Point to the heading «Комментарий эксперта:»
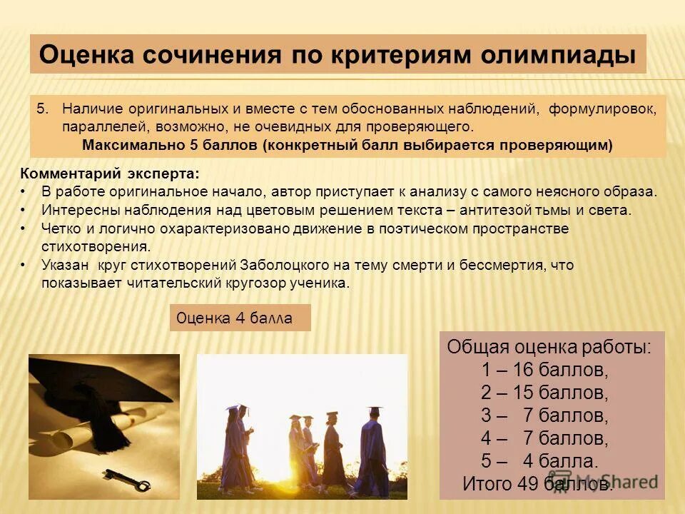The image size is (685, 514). click(x=109, y=174)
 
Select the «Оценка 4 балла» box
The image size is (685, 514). click(x=240, y=318)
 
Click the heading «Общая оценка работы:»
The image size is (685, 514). click(x=549, y=348)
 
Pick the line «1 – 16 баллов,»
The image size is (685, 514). click(x=544, y=370)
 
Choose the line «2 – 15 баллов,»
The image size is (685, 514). click(x=544, y=393)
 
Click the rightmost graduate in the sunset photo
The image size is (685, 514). click(x=372, y=450)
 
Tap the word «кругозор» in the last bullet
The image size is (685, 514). click(x=243, y=283)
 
